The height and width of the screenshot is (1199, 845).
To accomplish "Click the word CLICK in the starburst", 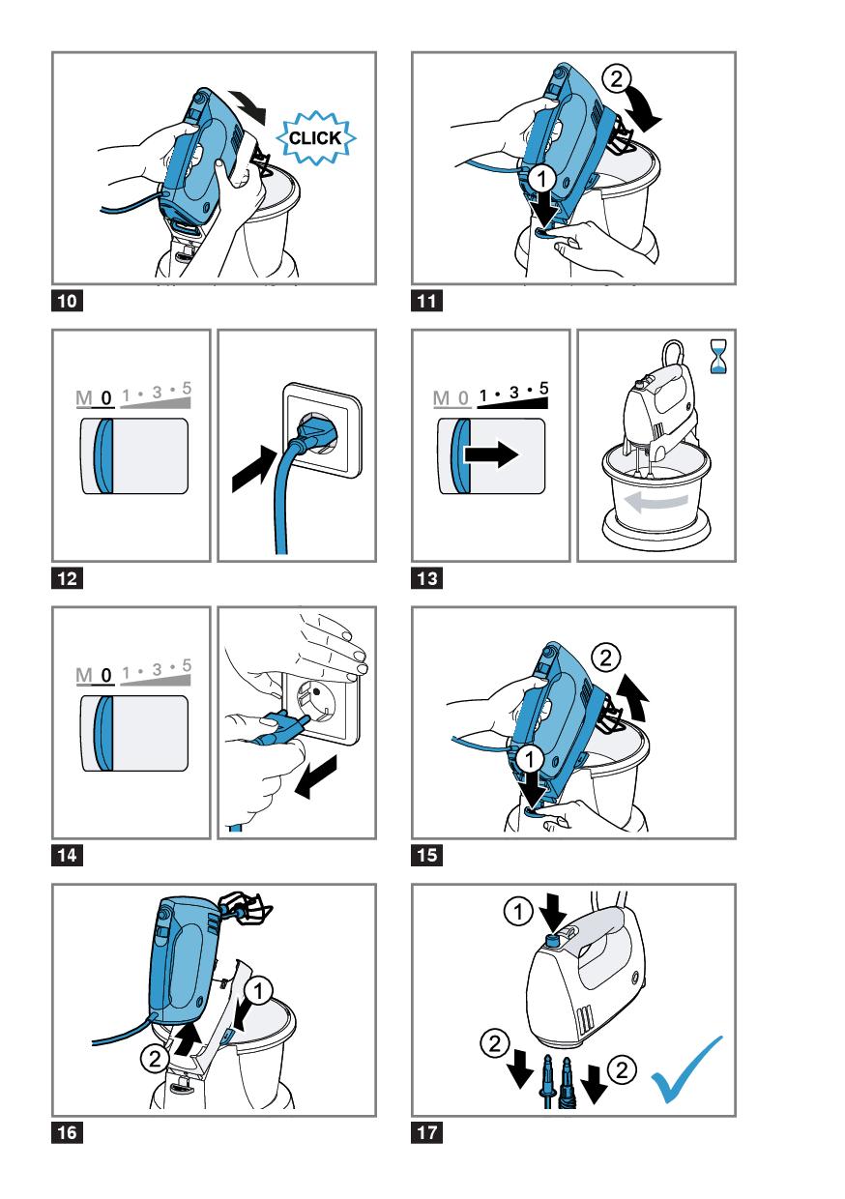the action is [314, 137].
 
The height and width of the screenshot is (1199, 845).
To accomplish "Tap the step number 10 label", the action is [67, 301].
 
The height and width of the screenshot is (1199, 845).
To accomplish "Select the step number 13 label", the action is [426, 578].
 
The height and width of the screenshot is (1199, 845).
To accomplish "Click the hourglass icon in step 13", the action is [718, 356].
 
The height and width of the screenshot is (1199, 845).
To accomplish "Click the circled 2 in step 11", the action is [617, 79].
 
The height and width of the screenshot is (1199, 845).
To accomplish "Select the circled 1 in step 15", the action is [530, 758].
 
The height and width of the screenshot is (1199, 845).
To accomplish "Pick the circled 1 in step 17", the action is [518, 911].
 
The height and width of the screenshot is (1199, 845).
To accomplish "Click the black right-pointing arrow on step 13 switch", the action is [491, 454].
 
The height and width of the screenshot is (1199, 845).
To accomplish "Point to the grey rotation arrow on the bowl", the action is [656, 502].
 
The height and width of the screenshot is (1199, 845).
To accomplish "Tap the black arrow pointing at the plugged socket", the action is [253, 468].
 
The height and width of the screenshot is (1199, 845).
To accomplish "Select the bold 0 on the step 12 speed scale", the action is [106, 397].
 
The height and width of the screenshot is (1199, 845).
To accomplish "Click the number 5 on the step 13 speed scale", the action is [543, 388].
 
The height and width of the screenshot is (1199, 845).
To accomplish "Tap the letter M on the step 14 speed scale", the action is [84, 675].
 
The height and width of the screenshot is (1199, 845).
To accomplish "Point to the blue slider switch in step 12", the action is [103, 455].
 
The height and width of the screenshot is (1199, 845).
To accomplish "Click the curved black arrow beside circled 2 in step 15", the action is [633, 697].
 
